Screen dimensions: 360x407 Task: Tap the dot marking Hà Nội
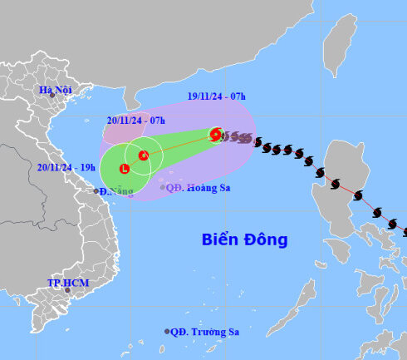pyautogui.click(x=53, y=96)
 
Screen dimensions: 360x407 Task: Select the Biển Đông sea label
pyautogui.click(x=245, y=240)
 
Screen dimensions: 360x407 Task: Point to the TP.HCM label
pyautogui.click(x=68, y=284)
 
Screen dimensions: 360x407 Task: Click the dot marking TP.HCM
pyautogui.click(x=68, y=291)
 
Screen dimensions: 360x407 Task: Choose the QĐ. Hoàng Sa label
pyautogui.click(x=198, y=188)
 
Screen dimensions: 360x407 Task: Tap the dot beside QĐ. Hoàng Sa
pyautogui.click(x=163, y=188)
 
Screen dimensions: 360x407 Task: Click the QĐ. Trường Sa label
pyautogui.click(x=206, y=332)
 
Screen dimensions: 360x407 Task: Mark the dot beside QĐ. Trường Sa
pyautogui.click(x=168, y=332)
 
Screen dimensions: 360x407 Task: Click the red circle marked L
pyautogui.click(x=125, y=169)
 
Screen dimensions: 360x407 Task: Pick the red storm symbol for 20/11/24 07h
pyautogui.click(x=143, y=155)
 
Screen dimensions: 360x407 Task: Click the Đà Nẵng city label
pyautogui.click(x=115, y=192)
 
